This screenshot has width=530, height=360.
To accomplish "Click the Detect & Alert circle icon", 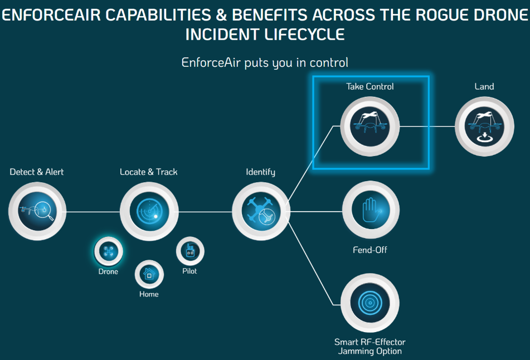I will [x=37, y=212].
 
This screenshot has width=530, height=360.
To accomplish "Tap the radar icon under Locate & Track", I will [x=149, y=212].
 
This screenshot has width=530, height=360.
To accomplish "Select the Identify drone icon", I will [x=261, y=212].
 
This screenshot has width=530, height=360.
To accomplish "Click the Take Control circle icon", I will [x=371, y=127].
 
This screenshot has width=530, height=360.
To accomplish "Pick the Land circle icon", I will [x=484, y=127].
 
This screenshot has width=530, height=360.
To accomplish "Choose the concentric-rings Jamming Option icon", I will [x=369, y=303].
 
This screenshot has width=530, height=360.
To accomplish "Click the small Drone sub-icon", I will [x=108, y=251].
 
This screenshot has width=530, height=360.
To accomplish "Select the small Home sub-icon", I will [x=149, y=274].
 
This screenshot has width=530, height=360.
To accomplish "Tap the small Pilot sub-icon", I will [x=190, y=251].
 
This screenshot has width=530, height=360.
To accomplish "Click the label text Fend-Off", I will [x=370, y=250].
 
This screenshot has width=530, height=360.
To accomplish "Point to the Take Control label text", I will [x=370, y=86].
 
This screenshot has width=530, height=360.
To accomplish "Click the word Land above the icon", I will [x=484, y=86].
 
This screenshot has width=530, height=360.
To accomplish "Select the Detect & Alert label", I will [x=37, y=172].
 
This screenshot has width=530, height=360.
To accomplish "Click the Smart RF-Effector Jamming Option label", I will [x=370, y=346].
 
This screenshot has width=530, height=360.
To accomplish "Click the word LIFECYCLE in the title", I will [x=304, y=35].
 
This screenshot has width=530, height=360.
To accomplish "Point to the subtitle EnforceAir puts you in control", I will [x=265, y=62].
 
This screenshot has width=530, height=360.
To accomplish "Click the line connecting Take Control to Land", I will [x=427, y=127].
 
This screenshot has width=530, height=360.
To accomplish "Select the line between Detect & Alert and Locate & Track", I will [x=93, y=212].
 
